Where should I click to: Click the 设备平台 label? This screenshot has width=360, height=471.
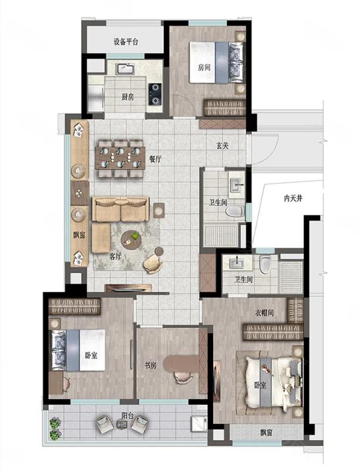pos(126,42)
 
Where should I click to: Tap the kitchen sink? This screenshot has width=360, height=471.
pos(125,69)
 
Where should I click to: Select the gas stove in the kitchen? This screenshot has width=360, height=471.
pos(155,95)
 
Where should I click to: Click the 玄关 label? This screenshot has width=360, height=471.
pos(223,146)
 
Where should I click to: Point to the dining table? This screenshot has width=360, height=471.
pos(120,158)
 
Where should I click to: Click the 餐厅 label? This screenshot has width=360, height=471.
pos(155,159)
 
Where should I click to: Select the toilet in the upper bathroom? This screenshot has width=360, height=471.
pos(235,211)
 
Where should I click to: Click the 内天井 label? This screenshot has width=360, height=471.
pos(293,199)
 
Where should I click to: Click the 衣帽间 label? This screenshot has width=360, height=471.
pos(264,312)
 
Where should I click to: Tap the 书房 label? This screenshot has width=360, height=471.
pos(150,365)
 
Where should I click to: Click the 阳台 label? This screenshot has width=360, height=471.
pos(127,416)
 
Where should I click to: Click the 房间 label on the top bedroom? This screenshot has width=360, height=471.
pos(204,68)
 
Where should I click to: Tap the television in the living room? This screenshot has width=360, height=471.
pos(128,289)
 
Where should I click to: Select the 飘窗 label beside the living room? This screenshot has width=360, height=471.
pos(79,235)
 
